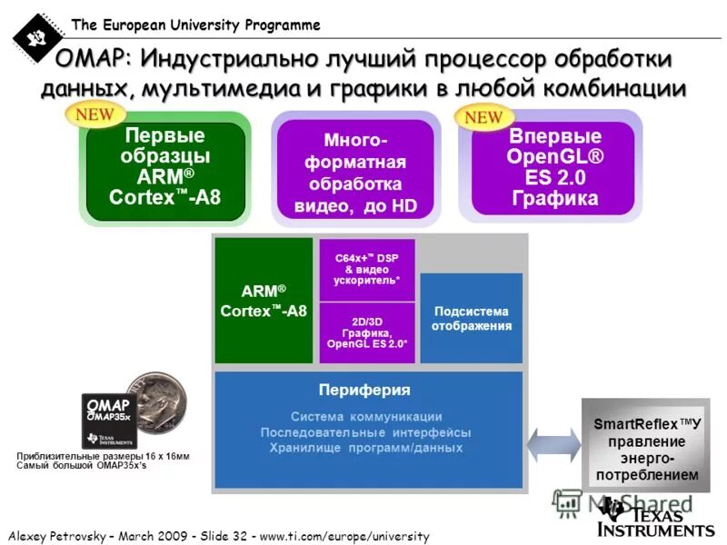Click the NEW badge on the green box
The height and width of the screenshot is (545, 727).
(x=95, y=114)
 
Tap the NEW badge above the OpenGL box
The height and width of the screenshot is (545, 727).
(x=483, y=117)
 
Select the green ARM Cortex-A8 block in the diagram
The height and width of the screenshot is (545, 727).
(x=264, y=301)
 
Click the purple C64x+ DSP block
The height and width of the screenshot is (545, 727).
(x=366, y=269)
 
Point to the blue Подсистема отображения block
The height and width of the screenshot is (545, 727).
(x=471, y=318)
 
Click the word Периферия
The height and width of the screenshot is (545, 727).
(x=364, y=390)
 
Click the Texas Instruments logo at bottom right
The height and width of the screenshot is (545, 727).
(x=654, y=518)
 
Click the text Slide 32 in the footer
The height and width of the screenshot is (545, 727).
(x=221, y=535)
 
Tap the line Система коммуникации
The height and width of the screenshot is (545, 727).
(x=366, y=416)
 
